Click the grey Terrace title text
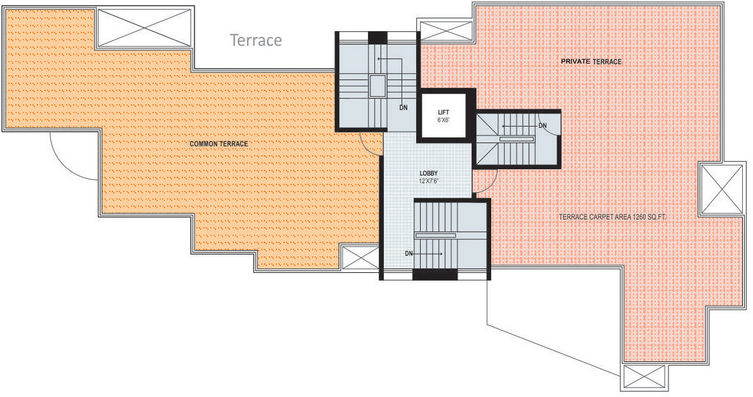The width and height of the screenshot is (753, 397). point(256,40)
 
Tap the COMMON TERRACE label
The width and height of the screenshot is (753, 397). point(219,144)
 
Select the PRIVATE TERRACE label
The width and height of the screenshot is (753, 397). point(591,62)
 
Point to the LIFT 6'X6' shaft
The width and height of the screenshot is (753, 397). point(444,115)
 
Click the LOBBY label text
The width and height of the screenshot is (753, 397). point(428,173)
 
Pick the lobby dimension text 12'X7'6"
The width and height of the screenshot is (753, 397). point(428,181)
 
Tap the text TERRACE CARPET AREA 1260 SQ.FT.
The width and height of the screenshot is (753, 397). point(613,217)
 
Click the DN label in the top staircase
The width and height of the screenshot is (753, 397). point(404,108)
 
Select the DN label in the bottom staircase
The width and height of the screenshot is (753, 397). point(409,253)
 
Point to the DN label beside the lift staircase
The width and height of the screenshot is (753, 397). point(543,126)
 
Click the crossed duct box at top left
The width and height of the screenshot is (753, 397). point(144,27)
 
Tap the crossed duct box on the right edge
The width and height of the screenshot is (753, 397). point(722,189)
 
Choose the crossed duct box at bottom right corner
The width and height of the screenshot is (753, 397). point(644,377)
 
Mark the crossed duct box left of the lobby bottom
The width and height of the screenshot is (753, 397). point(360,257)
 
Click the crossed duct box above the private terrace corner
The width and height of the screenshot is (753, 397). point(445,31)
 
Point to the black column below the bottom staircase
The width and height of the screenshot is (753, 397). point(435,274)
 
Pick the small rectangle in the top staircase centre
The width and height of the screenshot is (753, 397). point(378,86)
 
